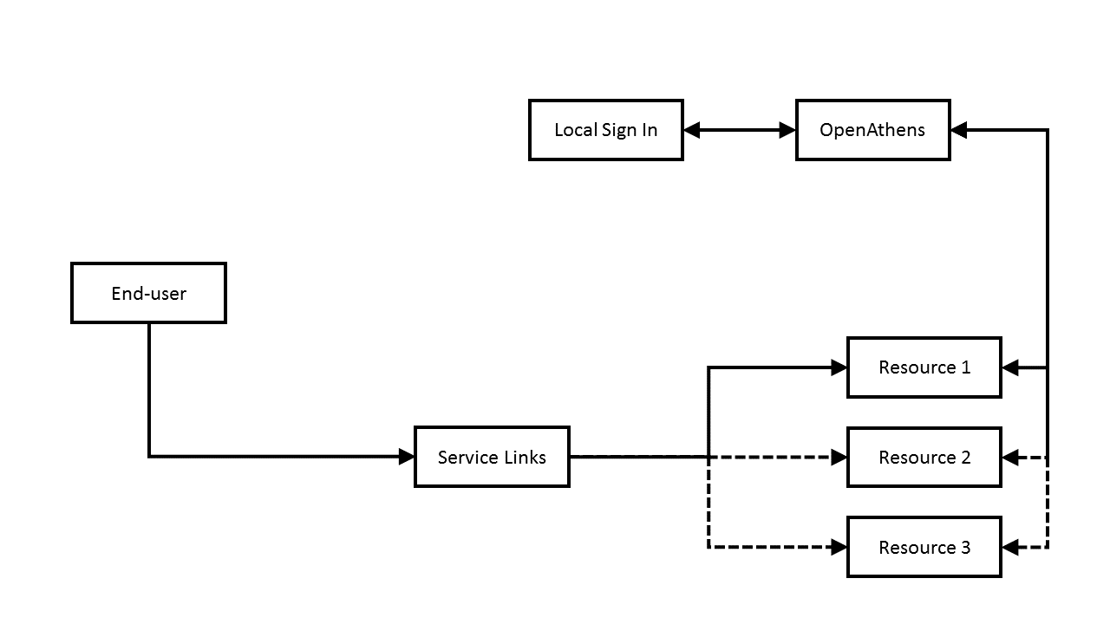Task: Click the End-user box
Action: [148, 293]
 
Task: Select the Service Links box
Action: [492, 457]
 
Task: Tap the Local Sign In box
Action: [605, 130]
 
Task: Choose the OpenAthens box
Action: [872, 130]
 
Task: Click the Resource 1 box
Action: [924, 367]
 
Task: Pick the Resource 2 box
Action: [924, 457]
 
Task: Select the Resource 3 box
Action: [924, 547]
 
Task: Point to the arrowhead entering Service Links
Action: [406, 457]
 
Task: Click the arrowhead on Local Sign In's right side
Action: [692, 130]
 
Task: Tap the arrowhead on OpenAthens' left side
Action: [787, 130]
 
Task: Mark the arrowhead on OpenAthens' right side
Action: [959, 130]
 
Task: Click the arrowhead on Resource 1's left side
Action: [839, 367]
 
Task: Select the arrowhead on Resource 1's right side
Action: [1010, 367]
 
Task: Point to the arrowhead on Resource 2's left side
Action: [839, 457]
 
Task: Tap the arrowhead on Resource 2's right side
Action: [1010, 457]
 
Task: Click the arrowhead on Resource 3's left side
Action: [839, 547]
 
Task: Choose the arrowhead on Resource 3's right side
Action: [1010, 547]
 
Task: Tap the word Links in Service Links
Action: [524, 457]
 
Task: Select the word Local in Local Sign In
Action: [576, 130]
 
